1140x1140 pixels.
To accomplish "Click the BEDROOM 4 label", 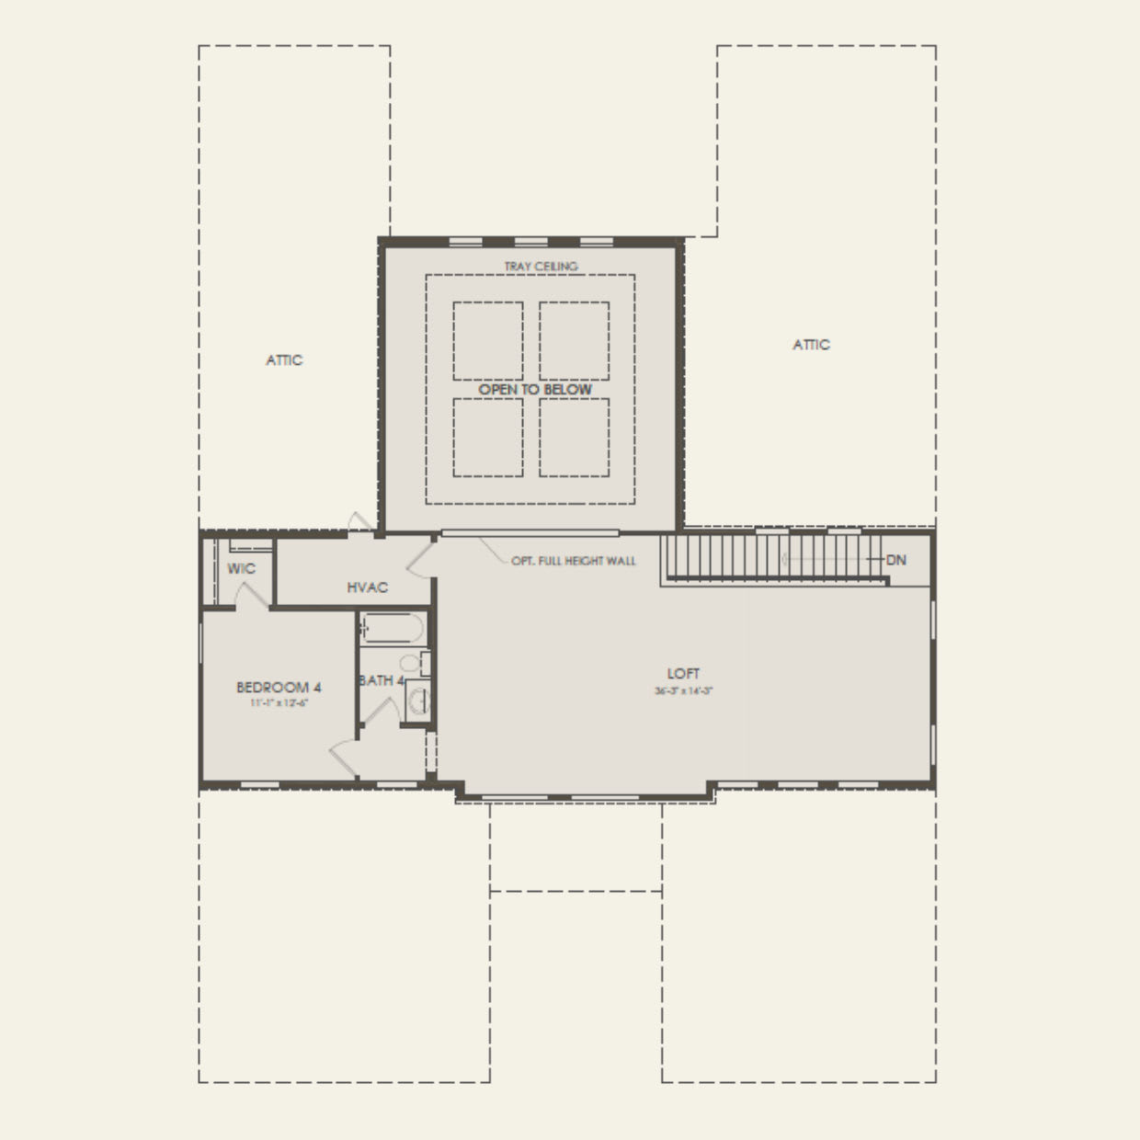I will [279, 687].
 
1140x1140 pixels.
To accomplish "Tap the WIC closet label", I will [241, 569].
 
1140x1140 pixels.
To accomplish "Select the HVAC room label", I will [367, 587].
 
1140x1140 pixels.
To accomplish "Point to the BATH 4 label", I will [381, 681].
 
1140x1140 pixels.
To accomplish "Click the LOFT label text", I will [683, 673].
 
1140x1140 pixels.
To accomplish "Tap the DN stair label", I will [896, 560].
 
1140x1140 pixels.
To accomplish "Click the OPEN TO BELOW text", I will [535, 390].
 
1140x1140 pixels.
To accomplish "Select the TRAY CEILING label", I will [541, 267].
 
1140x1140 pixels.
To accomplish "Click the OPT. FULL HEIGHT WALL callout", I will [573, 561].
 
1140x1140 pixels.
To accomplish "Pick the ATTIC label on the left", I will [284, 360].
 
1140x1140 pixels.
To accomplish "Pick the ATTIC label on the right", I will [811, 345].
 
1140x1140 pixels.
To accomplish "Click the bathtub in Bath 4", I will [393, 629].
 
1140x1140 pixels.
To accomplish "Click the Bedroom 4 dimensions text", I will [279, 703].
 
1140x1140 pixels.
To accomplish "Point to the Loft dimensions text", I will [683, 690].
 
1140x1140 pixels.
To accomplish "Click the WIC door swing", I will [250, 595].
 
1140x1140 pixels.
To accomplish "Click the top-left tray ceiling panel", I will [487, 340].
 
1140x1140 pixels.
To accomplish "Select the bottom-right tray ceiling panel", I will [574, 437].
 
